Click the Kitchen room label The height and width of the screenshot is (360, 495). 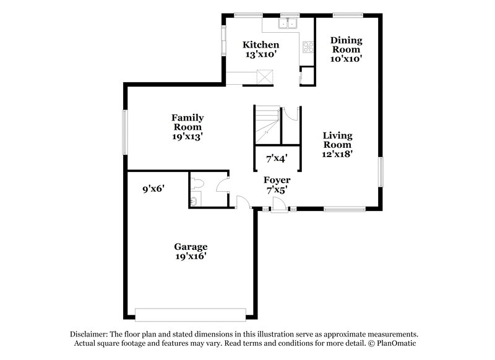[x=260, y=49]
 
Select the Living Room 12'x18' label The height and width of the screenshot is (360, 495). [x=337, y=144]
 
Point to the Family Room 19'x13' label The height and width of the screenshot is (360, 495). [x=187, y=126]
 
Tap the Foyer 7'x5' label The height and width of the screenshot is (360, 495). [x=277, y=185]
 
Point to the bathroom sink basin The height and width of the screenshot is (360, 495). [x=194, y=200]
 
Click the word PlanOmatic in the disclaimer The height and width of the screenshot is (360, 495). [x=403, y=343]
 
